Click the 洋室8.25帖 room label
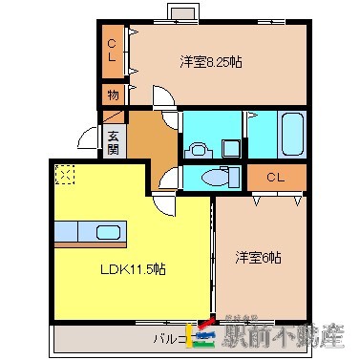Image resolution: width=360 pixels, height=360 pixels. pyautogui.click(x=210, y=63)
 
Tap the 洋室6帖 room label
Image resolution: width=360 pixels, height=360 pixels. pyautogui.click(x=258, y=257)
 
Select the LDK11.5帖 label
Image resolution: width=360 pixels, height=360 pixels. pyautogui.click(x=135, y=270)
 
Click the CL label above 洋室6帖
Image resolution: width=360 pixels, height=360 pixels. pyautogui.click(x=276, y=178)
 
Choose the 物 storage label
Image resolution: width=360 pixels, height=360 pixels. pyautogui.click(x=112, y=95)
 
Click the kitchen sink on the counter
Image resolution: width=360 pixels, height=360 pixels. pyautogui.click(x=107, y=233)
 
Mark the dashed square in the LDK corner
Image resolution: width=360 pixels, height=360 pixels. pyautogui.click(x=65, y=174)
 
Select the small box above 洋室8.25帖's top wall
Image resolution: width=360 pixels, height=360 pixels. pyautogui.click(x=181, y=12)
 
